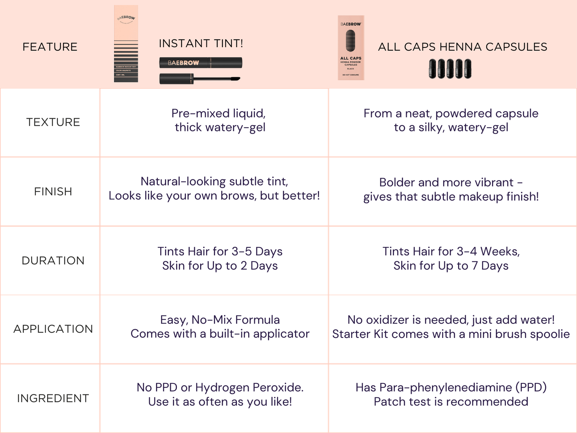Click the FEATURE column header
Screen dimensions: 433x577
[x=50, y=47]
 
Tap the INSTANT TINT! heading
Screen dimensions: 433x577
[x=201, y=43]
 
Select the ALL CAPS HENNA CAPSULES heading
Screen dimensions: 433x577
[x=462, y=47]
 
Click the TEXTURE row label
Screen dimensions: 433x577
[x=53, y=122]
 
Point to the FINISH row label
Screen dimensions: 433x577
[x=53, y=192]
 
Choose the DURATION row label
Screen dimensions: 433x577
[x=53, y=260]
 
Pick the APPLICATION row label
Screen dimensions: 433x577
[x=53, y=329]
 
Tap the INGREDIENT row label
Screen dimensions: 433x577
[x=53, y=398]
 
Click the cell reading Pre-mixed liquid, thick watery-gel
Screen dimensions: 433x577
[x=219, y=120]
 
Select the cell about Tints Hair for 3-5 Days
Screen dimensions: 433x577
[x=220, y=258]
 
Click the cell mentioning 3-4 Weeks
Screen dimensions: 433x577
[x=451, y=258]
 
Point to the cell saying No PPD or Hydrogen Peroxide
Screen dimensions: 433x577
[x=220, y=394]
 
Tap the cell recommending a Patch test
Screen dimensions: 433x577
[x=451, y=394]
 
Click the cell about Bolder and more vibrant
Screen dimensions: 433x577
[x=451, y=189]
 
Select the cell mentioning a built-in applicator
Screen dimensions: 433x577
[x=220, y=327]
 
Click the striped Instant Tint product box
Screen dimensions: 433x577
[x=126, y=44]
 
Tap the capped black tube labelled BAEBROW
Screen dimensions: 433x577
[x=200, y=63]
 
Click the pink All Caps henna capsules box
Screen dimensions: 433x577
[x=351, y=48]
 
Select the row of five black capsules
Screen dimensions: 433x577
[x=450, y=69]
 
